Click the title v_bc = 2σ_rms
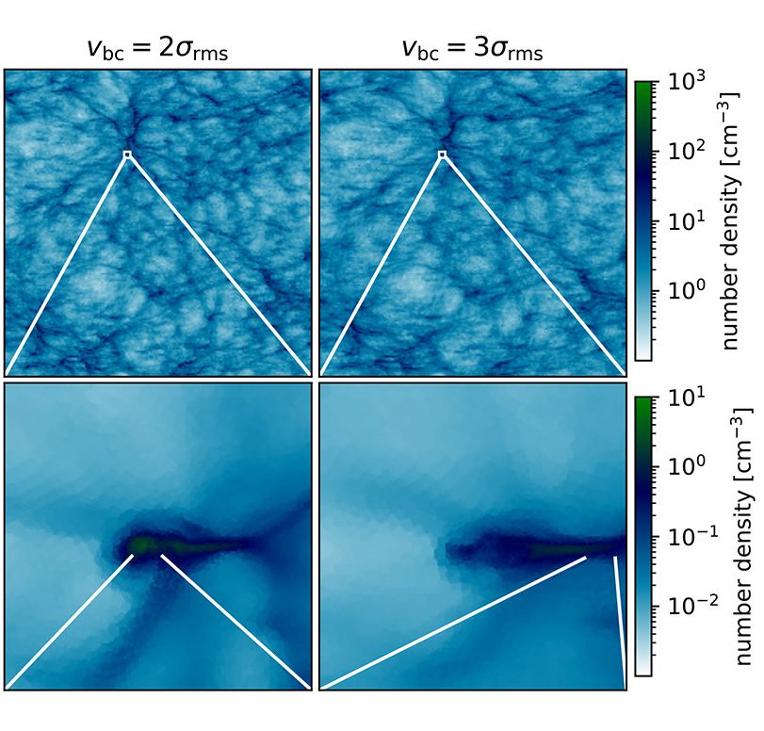coord(156,51)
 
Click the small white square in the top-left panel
coord(127,154)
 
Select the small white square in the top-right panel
coord(442,154)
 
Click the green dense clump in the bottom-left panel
coord(142,544)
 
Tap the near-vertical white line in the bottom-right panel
coord(620,622)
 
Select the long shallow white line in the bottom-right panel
coord(452,623)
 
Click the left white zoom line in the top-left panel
coord(66,265)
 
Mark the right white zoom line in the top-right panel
coord(532,265)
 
